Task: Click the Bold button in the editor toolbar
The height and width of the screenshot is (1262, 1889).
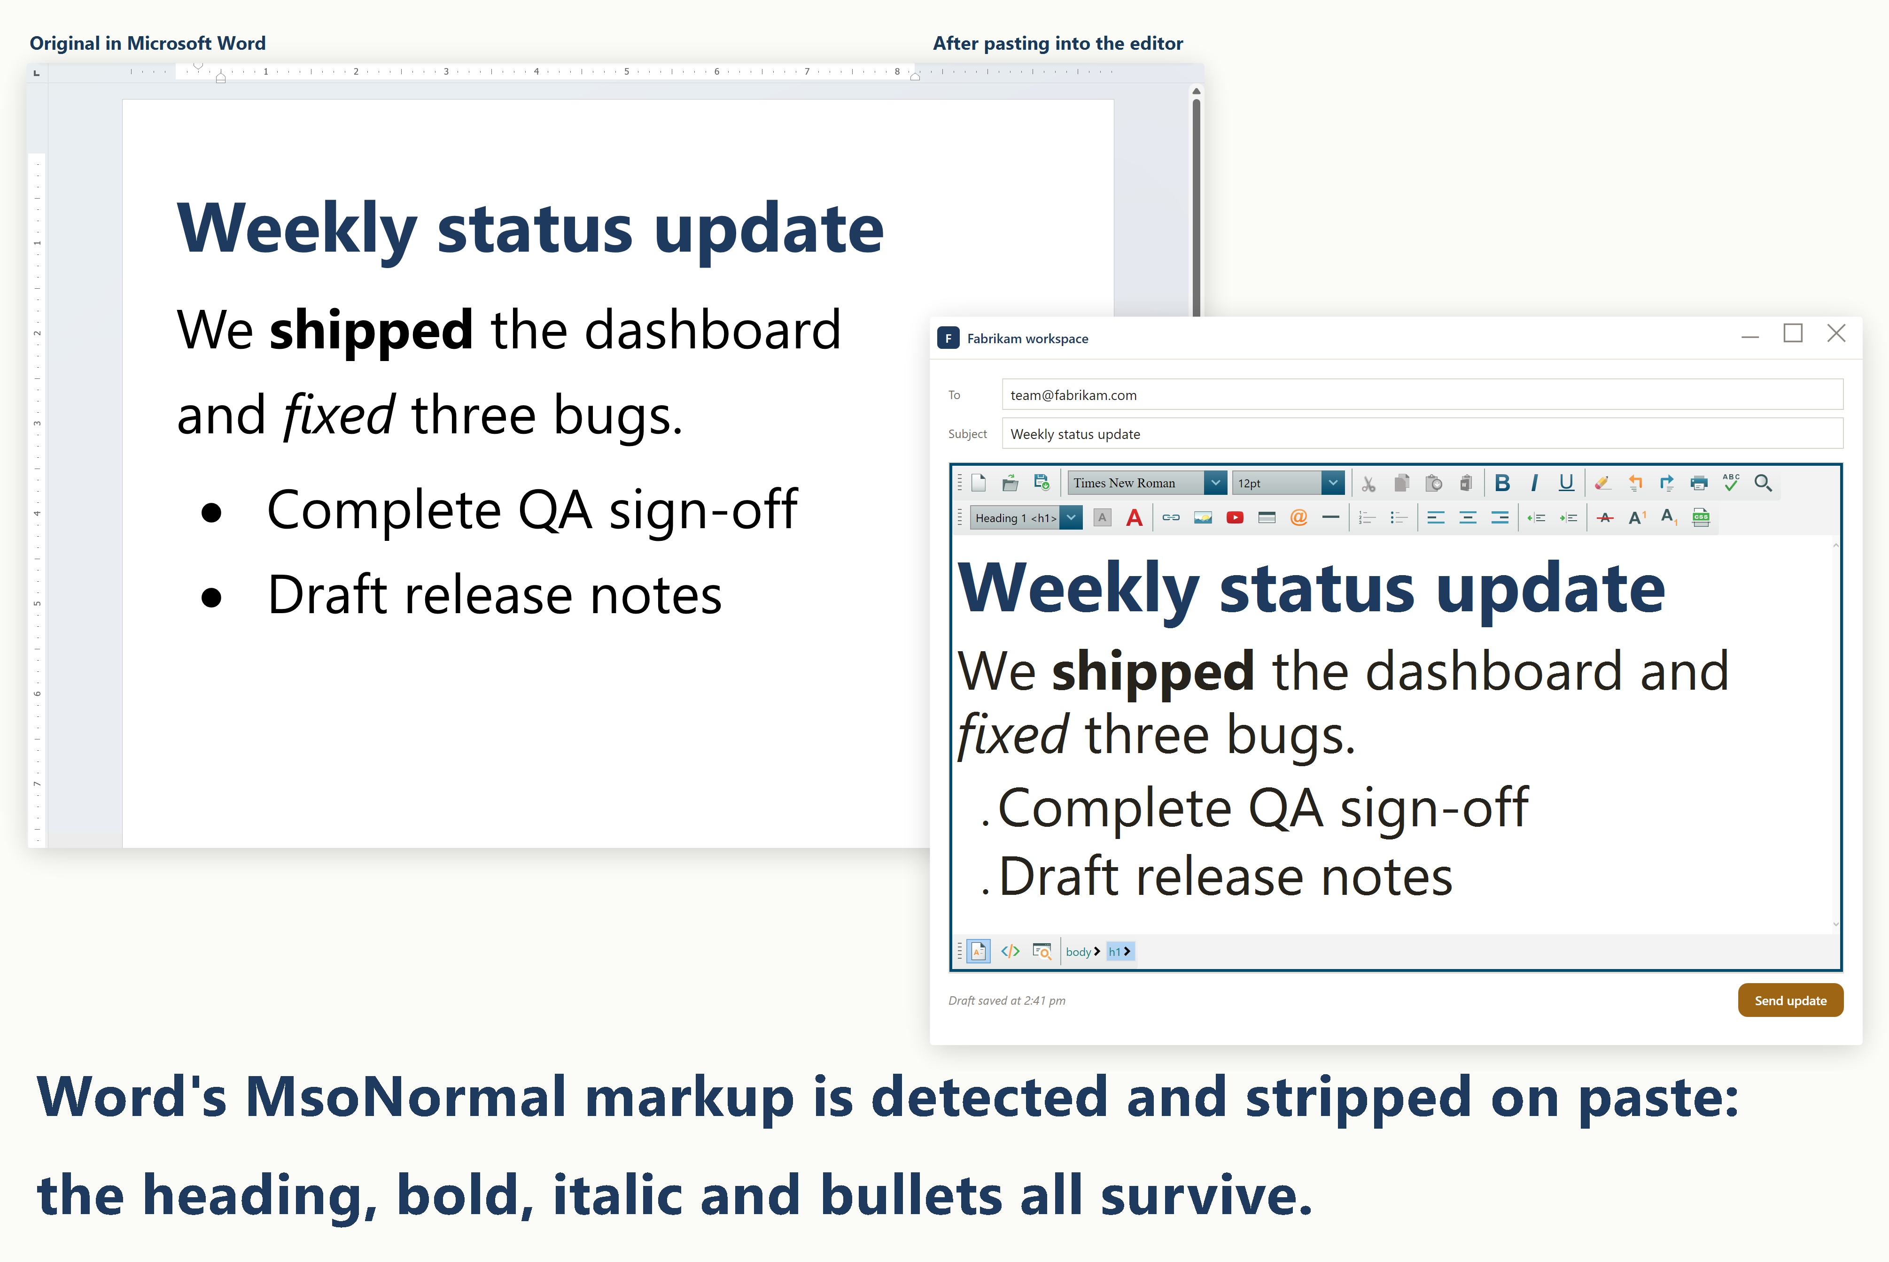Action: click(1502, 483)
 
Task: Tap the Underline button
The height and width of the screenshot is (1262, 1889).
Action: click(1566, 483)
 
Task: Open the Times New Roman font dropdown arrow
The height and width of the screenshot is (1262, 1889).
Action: click(1215, 483)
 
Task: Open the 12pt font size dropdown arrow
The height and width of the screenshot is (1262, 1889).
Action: click(1333, 483)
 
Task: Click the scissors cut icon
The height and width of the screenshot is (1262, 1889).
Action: click(1368, 484)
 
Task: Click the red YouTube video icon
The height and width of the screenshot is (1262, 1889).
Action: click(1235, 517)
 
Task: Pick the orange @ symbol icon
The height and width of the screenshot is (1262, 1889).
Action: click(1298, 517)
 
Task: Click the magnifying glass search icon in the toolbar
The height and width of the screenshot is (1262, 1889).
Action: click(1763, 483)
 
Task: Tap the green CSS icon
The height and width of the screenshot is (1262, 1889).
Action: click(1701, 517)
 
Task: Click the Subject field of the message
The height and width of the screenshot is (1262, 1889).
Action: click(1422, 434)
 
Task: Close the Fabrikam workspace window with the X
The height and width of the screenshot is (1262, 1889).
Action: click(1836, 334)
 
